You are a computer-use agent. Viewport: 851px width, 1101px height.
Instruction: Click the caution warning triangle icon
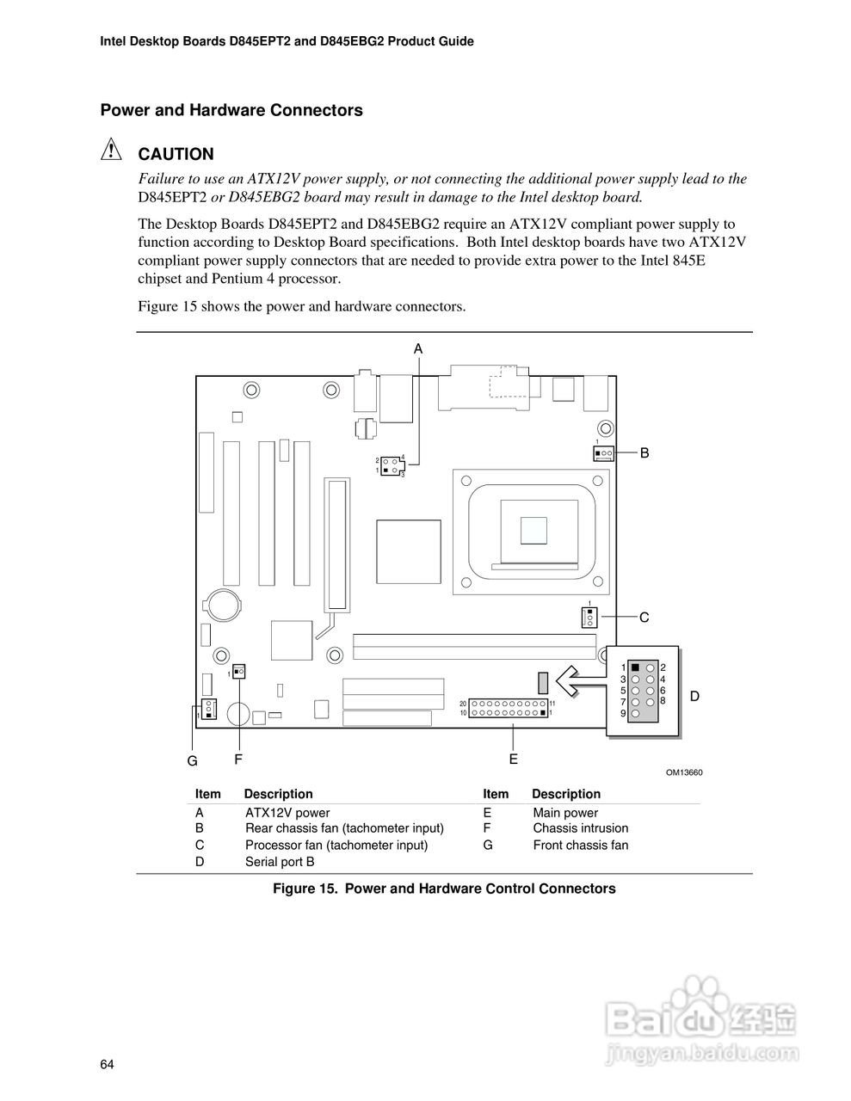click(x=112, y=151)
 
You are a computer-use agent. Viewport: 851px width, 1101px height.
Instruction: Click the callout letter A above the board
click(x=418, y=348)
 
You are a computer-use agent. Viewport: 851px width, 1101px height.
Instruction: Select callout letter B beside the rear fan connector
click(x=644, y=452)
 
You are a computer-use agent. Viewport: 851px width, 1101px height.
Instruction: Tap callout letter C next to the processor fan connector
click(x=644, y=617)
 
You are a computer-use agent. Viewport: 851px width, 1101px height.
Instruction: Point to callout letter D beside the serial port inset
click(x=694, y=696)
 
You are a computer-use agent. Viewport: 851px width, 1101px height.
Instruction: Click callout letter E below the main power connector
click(x=513, y=759)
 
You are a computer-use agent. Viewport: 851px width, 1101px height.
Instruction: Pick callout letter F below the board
click(x=238, y=760)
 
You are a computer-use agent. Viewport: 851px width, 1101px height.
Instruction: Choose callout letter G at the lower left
click(x=193, y=761)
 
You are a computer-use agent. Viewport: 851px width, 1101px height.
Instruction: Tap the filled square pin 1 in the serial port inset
click(x=635, y=667)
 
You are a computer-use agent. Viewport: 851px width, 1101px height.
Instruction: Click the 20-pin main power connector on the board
click(x=509, y=708)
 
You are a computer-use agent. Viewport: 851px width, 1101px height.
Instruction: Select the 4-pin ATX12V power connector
click(x=390, y=465)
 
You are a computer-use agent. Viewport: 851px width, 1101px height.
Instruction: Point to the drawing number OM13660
click(x=684, y=772)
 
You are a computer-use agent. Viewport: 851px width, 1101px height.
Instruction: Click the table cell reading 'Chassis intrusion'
click(x=580, y=828)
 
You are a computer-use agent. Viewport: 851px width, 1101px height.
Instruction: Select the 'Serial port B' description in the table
click(x=280, y=861)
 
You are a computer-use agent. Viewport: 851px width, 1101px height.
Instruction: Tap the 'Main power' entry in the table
click(x=565, y=813)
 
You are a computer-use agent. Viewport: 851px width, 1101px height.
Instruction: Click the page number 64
click(x=107, y=1065)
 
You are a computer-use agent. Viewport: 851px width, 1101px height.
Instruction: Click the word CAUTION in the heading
click(x=176, y=155)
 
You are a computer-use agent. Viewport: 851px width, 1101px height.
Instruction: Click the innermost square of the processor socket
click(x=533, y=529)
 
